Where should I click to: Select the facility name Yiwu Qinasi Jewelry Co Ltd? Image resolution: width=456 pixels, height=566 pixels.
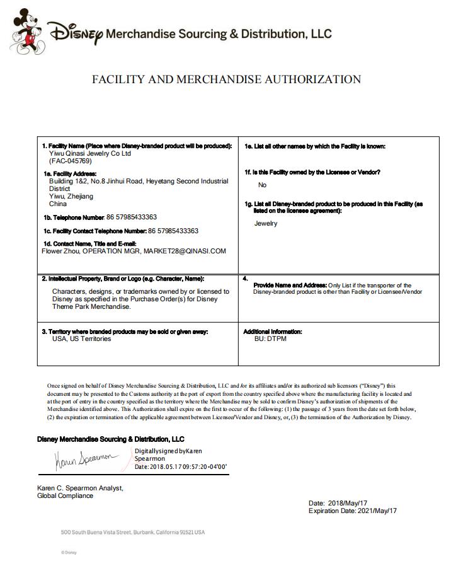click(90, 153)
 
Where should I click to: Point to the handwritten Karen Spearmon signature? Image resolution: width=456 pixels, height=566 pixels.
click(84, 460)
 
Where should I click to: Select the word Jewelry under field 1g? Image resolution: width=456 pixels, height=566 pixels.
click(266, 223)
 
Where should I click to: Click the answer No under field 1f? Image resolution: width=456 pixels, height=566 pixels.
click(263, 185)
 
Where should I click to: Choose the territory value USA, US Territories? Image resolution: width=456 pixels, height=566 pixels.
click(81, 339)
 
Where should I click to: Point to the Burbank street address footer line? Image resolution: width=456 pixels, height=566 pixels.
click(132, 533)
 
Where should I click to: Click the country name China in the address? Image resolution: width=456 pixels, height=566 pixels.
click(58, 204)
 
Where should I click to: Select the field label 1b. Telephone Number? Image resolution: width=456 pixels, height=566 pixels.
click(74, 217)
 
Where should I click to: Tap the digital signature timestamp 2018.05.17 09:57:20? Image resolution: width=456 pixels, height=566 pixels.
click(181, 467)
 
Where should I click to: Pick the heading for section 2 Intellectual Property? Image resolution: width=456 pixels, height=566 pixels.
click(123, 279)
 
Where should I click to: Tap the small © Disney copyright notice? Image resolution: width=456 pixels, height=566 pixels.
click(69, 553)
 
